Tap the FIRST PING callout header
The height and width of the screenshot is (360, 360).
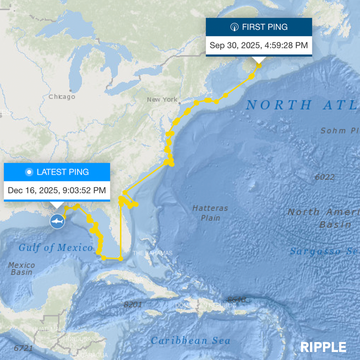[x=259, y=27]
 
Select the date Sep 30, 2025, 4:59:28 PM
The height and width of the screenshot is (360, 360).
[x=259, y=45]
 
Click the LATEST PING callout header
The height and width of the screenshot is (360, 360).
[x=57, y=172]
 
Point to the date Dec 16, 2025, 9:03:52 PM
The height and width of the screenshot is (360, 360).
[x=57, y=190]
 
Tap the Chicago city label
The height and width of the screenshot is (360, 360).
[x=61, y=97]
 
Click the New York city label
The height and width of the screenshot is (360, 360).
[x=162, y=99]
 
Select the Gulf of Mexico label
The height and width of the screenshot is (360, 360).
[x=56, y=247]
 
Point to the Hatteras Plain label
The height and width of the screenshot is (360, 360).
[x=210, y=212]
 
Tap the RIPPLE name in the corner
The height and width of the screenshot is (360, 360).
[x=323, y=347]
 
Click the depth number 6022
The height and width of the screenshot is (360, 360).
[x=325, y=177]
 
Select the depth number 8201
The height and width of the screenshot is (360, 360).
[x=133, y=305]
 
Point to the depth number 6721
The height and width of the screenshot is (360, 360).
[x=23, y=348]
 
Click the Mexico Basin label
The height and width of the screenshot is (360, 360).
[x=22, y=268]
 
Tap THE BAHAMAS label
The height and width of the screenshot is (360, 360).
[x=152, y=253]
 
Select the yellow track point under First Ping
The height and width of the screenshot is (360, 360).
[x=259, y=66]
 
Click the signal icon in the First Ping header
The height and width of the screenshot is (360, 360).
[x=234, y=27]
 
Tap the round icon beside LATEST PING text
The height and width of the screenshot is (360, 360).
[x=29, y=172]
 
